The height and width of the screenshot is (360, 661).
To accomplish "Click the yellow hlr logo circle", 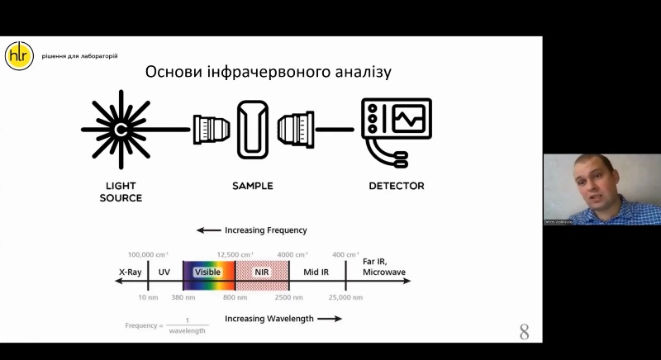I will [x=19, y=55].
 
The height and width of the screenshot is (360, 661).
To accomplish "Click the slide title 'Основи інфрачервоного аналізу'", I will [x=268, y=72].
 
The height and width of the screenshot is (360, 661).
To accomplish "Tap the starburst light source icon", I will [x=121, y=130].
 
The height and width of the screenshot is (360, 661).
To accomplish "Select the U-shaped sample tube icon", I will [x=254, y=129].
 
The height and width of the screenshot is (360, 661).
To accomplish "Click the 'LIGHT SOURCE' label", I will [x=121, y=192].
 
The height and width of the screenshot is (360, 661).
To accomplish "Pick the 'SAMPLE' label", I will [x=252, y=186].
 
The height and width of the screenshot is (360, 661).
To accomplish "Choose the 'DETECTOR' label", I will [x=396, y=186].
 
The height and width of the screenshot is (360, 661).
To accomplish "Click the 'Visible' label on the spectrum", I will [x=207, y=271].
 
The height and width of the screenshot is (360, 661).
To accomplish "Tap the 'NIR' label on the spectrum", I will [x=262, y=271].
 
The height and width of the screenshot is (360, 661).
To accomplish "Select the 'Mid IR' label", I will [x=316, y=271].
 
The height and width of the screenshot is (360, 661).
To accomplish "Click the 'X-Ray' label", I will [x=131, y=271].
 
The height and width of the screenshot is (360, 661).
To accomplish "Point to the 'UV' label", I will [x=164, y=271].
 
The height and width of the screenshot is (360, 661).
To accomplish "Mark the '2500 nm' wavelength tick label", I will [x=288, y=296].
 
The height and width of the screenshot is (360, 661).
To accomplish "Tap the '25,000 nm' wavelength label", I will [x=345, y=296].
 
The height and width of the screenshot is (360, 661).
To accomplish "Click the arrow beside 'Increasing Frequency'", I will [x=209, y=230].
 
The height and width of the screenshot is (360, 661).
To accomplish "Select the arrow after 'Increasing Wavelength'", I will [x=329, y=318].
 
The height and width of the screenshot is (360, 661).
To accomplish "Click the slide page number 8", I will [x=524, y=332].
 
